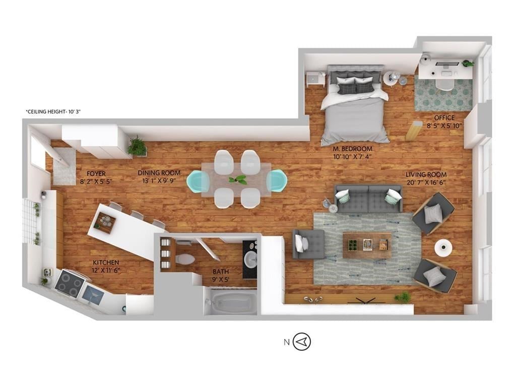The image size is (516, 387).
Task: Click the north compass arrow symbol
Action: pos(302,342)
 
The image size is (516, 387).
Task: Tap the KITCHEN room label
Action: pos(106,263)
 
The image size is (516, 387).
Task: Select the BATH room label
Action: pos(221,272)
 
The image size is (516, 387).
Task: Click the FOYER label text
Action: pos(96,173)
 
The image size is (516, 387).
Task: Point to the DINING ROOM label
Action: pos(159,173)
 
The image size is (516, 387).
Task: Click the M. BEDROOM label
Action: pos(352,149)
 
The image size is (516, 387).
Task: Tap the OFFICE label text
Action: pos(444,118)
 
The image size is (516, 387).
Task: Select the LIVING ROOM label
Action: pos(426,175)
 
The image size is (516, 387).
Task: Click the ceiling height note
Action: pos(53,112)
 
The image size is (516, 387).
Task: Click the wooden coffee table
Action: pos(367,245)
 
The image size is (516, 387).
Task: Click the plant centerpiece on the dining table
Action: pos(238,180)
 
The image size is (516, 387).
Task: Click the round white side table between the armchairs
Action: pos(443,247)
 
